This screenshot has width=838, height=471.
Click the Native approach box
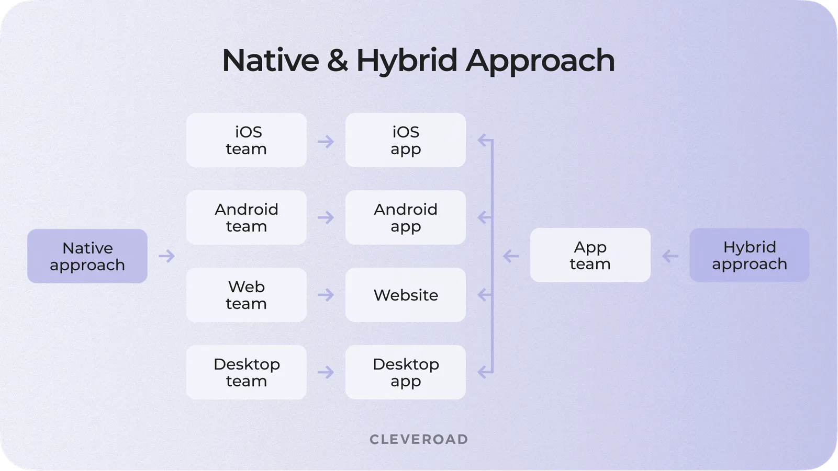tap(87, 256)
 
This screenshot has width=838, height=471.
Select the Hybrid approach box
tap(749, 255)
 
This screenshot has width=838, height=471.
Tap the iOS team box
tap(246, 140)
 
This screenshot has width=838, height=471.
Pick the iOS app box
tap(405, 140)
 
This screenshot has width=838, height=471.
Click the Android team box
tap(246, 217)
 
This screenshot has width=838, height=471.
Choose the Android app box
tap(405, 217)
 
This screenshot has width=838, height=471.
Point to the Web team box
tap(246, 295)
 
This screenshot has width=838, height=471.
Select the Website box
tap(405, 295)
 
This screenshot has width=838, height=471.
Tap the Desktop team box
tap(246, 372)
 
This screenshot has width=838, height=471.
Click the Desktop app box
tap(405, 372)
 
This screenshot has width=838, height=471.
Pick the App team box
tap(590, 255)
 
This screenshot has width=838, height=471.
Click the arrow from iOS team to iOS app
tap(326, 141)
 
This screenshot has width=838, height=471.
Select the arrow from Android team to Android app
tap(326, 217)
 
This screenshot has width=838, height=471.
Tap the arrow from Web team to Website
tap(326, 295)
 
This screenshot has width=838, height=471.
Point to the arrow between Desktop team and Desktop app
tap(326, 372)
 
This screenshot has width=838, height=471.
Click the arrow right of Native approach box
tap(166, 256)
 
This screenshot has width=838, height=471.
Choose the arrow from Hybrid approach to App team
tap(670, 256)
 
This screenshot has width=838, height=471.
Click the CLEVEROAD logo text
tap(419, 439)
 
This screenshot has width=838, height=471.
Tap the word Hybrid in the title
tap(407, 61)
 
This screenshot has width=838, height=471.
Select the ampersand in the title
tap(337, 61)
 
